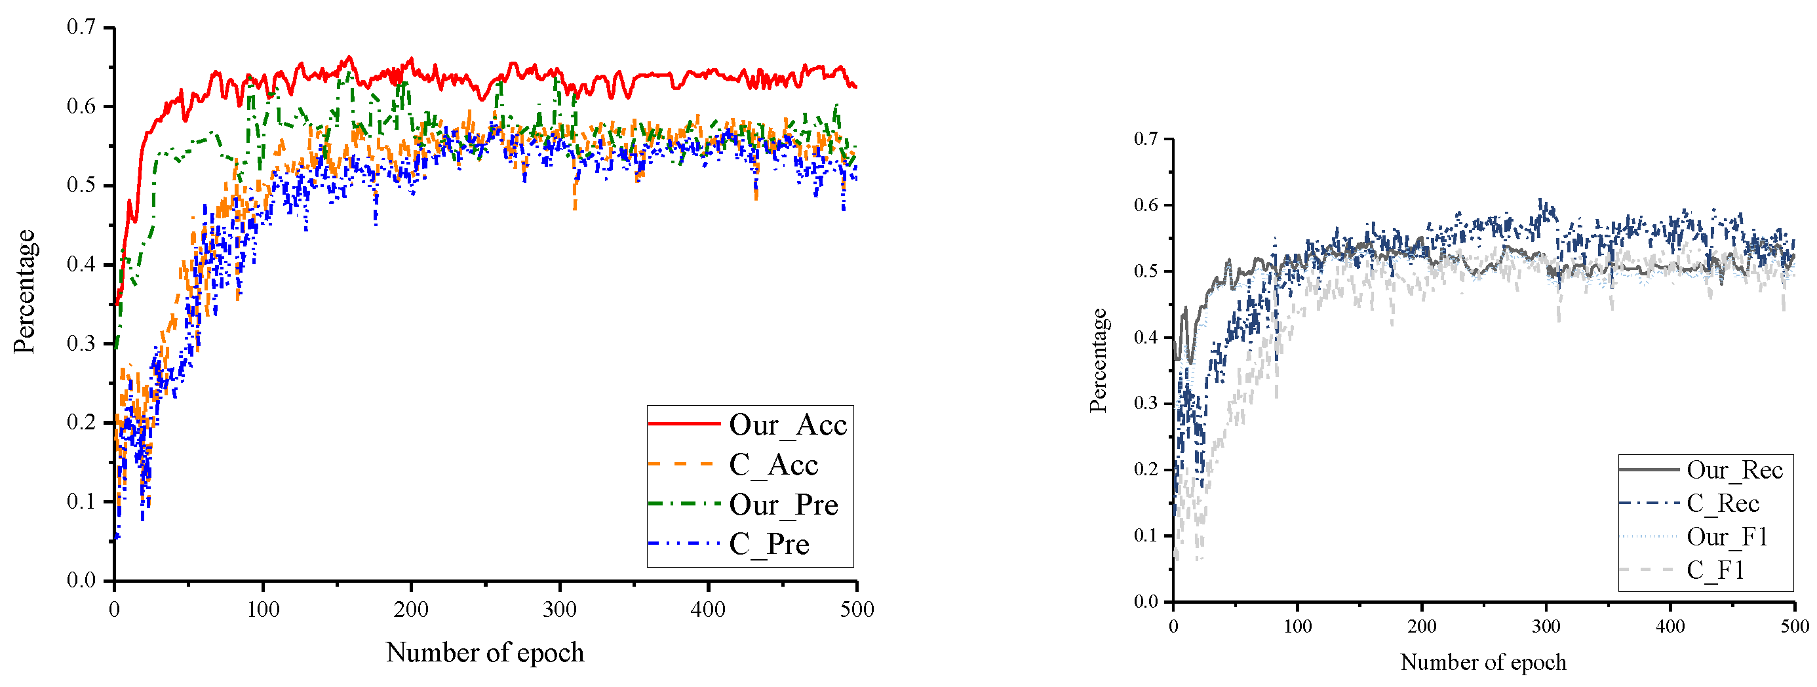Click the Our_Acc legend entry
pos(787,425)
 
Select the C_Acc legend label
pos(773,465)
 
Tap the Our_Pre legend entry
pos(783,505)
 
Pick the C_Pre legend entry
pos(769,545)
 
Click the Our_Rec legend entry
pos(1734,471)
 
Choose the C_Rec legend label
pos(1723,503)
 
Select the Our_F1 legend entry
pos(1727,537)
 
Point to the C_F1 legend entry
pos(1715,570)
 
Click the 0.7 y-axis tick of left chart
pos(81,28)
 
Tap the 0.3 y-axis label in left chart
pos(81,343)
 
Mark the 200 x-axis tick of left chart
pos(411,610)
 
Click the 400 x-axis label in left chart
pos(708,610)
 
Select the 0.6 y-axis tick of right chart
pos(1146,205)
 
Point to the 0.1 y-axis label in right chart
pos(1146,536)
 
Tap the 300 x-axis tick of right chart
pos(1546,626)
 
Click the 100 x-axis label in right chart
pos(1297,626)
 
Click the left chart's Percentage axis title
pos(25,291)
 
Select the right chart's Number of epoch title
pos(1483,662)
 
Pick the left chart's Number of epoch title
pos(485,652)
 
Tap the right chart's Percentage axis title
pos(1098,361)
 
